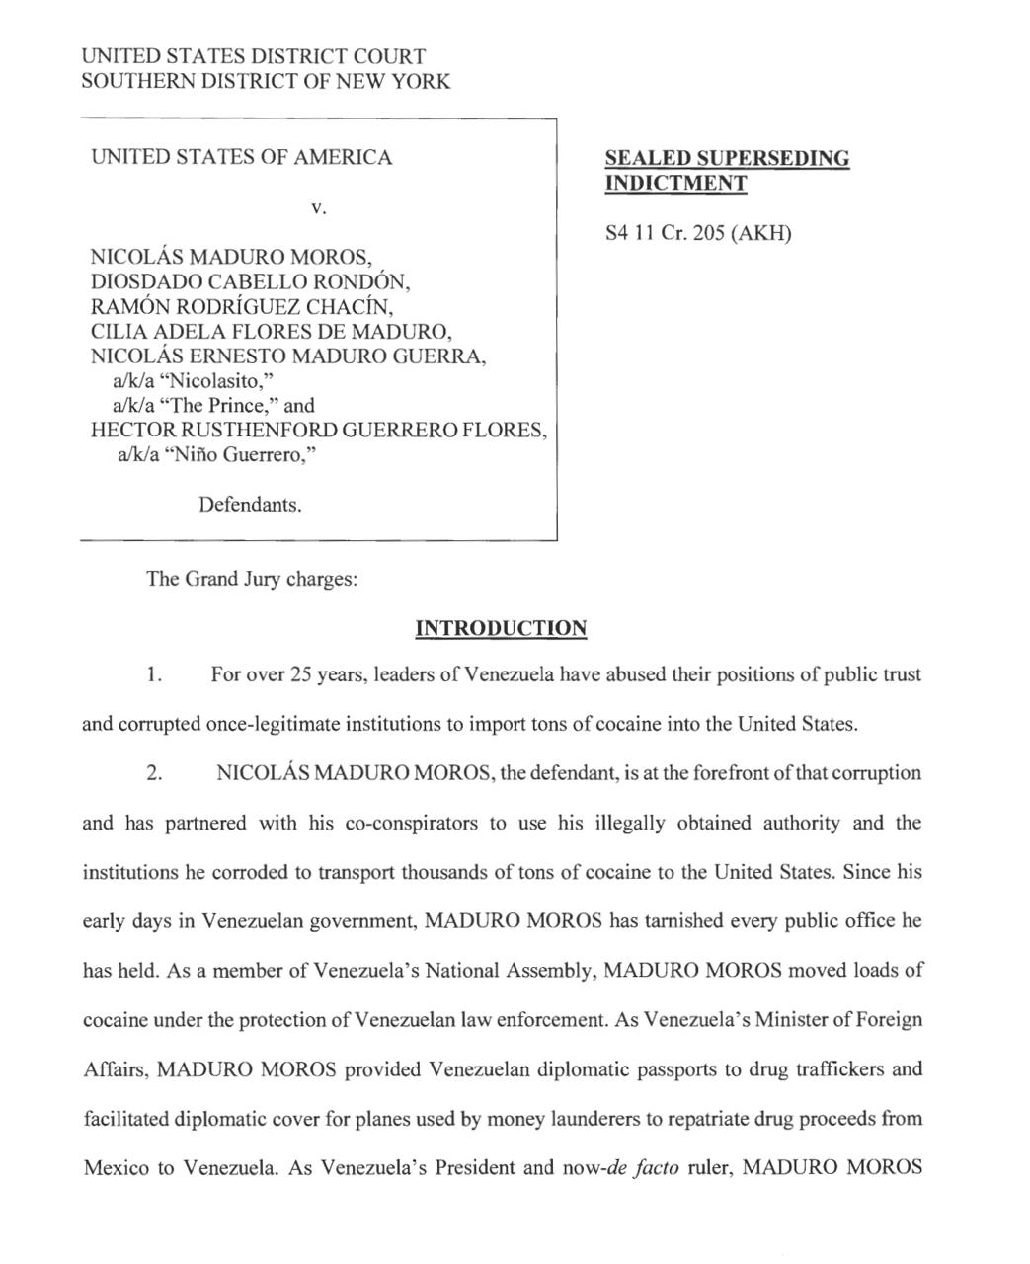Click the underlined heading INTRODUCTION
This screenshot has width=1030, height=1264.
coord(501,629)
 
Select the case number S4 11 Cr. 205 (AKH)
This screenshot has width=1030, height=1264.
coord(698,234)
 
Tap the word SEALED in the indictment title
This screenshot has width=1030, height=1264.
coord(647,159)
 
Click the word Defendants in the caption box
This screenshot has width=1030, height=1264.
coord(250,505)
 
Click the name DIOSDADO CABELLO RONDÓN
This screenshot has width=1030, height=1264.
coord(250,281)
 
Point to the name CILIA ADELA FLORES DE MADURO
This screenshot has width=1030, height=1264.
coord(272,331)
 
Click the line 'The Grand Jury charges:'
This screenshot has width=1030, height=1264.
coord(252,579)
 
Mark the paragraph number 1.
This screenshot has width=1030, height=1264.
coord(152,675)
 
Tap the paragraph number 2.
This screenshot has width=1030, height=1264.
coord(153,773)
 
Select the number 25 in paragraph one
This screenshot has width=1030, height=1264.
coord(300,675)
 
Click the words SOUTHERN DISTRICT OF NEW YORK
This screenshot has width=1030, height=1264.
coord(266,82)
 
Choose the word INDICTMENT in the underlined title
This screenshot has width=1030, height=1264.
coord(675,184)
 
